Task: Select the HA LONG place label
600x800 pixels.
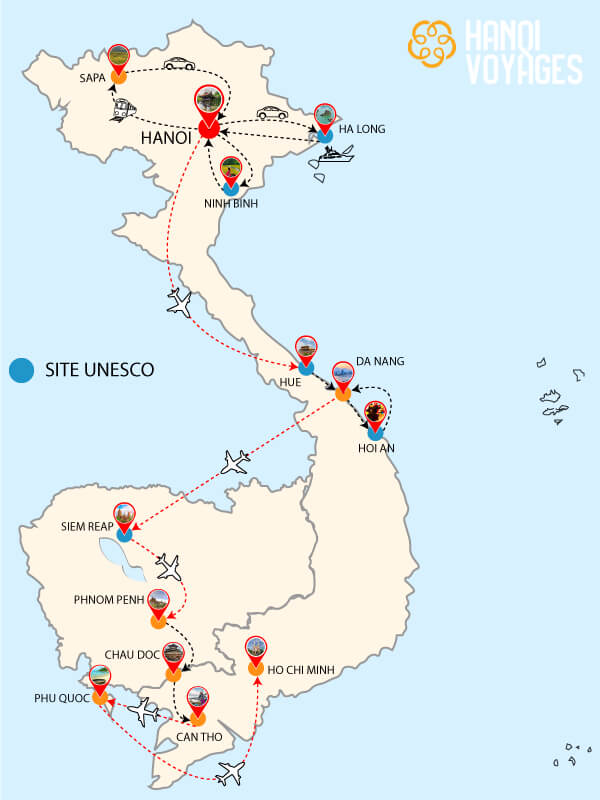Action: [x=362, y=129]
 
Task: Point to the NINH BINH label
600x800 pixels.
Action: [x=232, y=204]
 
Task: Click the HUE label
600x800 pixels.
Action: [x=290, y=381]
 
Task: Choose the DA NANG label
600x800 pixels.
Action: [x=380, y=361]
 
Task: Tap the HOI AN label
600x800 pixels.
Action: [x=376, y=448]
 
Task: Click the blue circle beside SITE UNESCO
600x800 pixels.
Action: [x=20, y=370]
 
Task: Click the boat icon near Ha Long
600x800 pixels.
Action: [x=337, y=154]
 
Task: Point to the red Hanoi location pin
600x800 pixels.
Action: [x=209, y=108]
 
